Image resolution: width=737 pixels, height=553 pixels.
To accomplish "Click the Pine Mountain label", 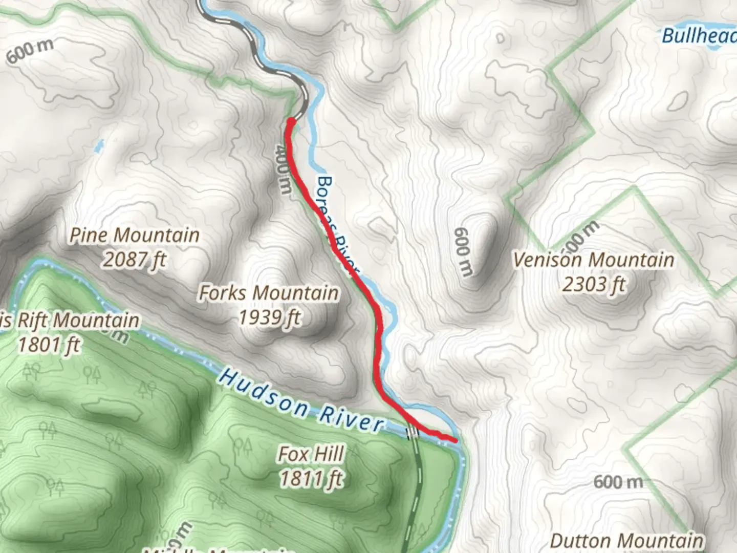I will (134, 235).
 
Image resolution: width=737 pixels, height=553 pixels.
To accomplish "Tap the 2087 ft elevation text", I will (134, 260).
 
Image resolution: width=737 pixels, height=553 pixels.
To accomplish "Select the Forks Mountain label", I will (268, 293).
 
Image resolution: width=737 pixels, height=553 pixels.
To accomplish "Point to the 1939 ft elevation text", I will (269, 317).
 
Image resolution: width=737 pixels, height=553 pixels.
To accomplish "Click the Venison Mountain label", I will (593, 260).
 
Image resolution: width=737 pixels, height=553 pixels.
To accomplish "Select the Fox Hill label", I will (311, 454).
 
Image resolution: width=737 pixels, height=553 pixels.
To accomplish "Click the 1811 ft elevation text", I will (311, 478).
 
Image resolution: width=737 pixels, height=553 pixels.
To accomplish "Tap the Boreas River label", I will (335, 225).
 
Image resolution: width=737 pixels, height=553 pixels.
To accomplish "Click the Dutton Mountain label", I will (626, 541).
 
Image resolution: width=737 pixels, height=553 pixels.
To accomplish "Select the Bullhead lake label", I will (699, 35).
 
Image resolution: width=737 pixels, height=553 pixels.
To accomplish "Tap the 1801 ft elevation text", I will (49, 345).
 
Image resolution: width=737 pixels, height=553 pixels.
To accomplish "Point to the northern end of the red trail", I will (291, 121).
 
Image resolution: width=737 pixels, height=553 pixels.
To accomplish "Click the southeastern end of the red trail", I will (454, 439).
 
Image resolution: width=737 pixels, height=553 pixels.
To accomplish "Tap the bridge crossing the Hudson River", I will (412, 433).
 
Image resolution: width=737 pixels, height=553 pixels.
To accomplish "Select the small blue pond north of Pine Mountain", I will (98, 146).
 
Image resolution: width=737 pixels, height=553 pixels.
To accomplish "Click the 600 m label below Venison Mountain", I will (618, 482).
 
